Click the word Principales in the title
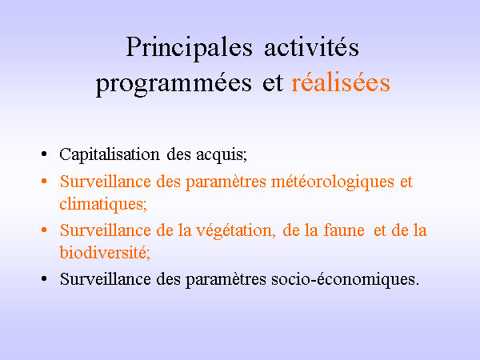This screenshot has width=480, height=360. pos(189,48)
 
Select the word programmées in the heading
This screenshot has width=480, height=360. pos(174,83)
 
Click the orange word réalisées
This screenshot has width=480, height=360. pos(341,82)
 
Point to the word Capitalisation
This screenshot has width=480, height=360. pos(110,154)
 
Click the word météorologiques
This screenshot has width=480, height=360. pos(333,182)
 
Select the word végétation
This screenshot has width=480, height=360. pos(234,231)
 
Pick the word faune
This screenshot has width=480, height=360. pos(344,230)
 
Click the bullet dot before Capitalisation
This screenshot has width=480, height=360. pos(44,154)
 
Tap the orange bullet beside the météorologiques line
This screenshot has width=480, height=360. pos(44,182)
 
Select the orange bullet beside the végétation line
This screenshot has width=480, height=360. pos(44,230)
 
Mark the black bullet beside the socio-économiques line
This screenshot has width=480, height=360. pos(44,279)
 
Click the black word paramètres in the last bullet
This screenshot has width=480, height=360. pos(226,280)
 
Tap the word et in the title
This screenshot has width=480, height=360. pos(273,82)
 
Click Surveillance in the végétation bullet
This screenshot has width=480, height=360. pos(106,230)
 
